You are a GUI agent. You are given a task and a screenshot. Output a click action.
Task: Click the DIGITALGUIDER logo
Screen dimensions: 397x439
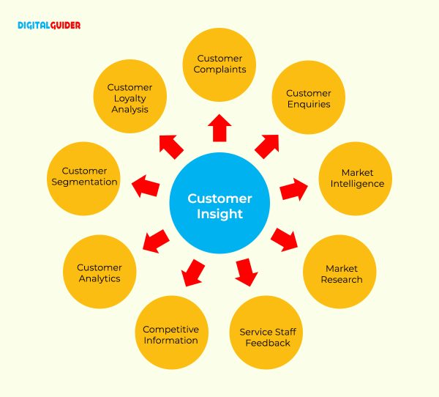pos(49,25)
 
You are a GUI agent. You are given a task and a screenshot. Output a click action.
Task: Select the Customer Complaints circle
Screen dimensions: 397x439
pos(219,64)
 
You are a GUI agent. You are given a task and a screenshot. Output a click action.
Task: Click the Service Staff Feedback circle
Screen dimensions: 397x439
pos(267,337)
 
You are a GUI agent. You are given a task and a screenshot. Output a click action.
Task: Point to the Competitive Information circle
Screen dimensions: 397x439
pos(170,335)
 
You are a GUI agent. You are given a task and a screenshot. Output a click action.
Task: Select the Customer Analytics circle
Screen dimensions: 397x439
pos(99,272)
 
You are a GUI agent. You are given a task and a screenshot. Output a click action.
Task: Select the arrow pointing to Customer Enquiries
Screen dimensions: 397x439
pos(267,146)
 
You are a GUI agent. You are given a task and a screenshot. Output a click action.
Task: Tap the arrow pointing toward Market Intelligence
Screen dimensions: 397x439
pos(294,188)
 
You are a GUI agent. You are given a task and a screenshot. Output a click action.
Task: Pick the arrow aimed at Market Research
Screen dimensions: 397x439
pos(285,240)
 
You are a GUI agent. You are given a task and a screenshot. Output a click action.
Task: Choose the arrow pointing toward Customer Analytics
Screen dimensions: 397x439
pos(156,240)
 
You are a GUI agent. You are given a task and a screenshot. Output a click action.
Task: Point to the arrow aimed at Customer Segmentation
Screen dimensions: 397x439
pos(145,188)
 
